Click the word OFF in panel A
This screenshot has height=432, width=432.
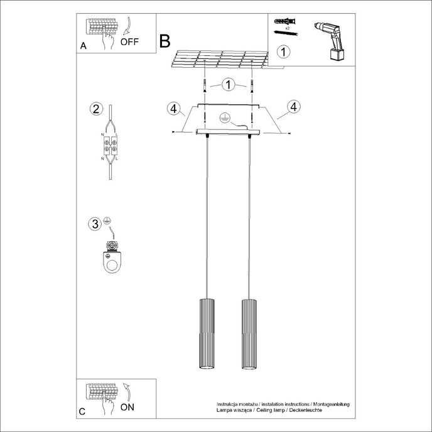coord(129,42)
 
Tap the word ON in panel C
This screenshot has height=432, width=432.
coord(127,407)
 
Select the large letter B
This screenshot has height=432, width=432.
coord(165,41)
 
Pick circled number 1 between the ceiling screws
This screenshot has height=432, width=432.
coord(229,84)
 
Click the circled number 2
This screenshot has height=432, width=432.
coord(95,109)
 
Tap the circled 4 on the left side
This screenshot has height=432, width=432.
coord(173,108)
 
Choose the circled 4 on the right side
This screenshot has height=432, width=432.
coord(293,107)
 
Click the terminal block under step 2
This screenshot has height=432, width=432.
coord(111,147)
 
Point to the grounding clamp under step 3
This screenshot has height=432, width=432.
coord(113,259)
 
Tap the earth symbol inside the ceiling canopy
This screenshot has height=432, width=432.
coord(224,117)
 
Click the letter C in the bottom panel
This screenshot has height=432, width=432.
coord(82,412)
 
